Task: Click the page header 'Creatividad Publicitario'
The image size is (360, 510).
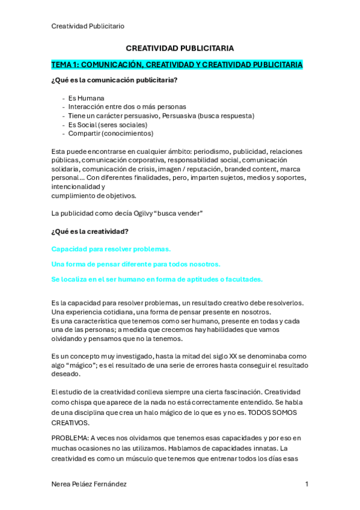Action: point(88,26)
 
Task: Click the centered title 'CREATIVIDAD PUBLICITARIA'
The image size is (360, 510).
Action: point(180,48)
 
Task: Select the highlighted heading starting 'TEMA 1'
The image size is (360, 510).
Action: point(177,64)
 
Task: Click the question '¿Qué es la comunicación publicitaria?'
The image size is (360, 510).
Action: point(114,80)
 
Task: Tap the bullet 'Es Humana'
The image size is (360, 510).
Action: point(86,98)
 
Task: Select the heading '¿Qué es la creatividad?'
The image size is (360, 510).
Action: point(90,231)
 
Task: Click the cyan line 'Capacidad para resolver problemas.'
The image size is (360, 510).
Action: point(111,249)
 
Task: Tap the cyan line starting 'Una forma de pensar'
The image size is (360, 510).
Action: point(136,264)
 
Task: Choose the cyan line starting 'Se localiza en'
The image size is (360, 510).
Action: point(157,279)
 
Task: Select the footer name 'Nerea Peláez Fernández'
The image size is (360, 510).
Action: point(89,484)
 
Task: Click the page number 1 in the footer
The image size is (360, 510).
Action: point(307,484)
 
